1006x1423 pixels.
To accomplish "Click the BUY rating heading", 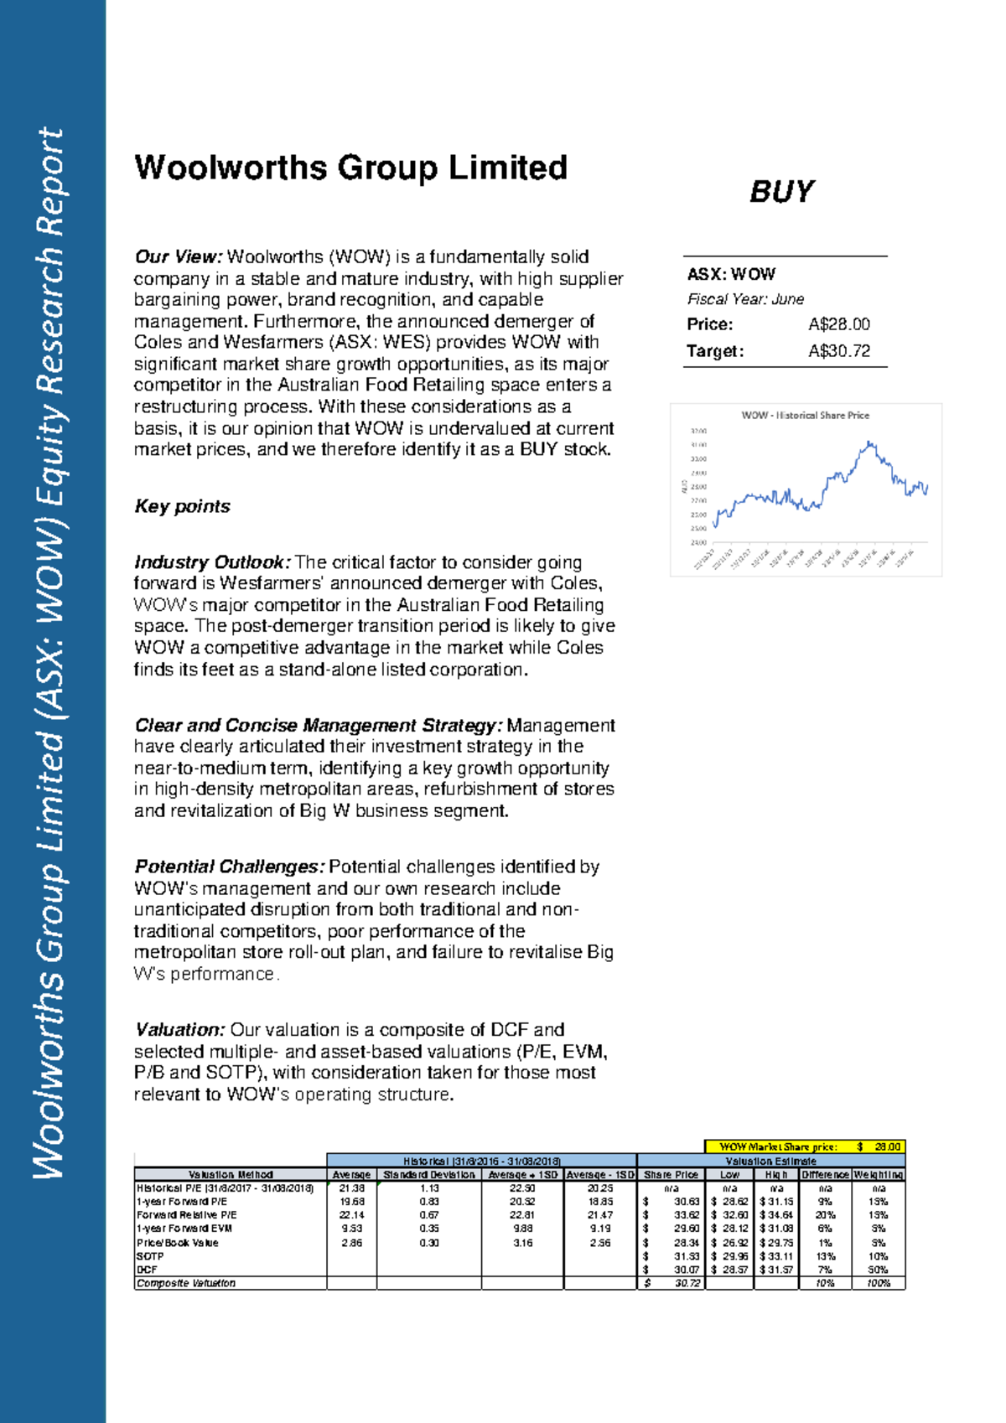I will point(780,192).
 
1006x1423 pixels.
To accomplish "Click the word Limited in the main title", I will point(508,168).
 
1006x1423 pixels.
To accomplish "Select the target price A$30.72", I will point(838,351).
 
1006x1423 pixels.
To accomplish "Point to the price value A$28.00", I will point(838,324).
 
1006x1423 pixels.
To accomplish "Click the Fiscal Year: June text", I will point(744,299).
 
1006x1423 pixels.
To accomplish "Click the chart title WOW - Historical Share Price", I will point(805,415).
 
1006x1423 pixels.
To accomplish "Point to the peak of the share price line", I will point(870,442).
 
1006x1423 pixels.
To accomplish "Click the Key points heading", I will point(182,506).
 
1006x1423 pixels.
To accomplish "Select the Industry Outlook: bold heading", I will point(212,562).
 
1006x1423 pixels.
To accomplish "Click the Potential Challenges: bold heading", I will point(229,867).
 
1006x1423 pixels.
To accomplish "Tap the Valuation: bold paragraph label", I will point(179,1030).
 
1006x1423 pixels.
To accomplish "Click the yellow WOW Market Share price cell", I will point(805,1146).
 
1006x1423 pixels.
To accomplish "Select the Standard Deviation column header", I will point(428,1175).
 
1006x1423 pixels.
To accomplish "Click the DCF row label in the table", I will point(148,1270).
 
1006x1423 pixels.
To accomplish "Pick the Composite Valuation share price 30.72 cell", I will point(671,1283).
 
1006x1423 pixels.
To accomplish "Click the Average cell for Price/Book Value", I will point(351,1243).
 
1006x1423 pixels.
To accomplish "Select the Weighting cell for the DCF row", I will point(878,1270).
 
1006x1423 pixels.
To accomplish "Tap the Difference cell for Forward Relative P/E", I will point(825,1215).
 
